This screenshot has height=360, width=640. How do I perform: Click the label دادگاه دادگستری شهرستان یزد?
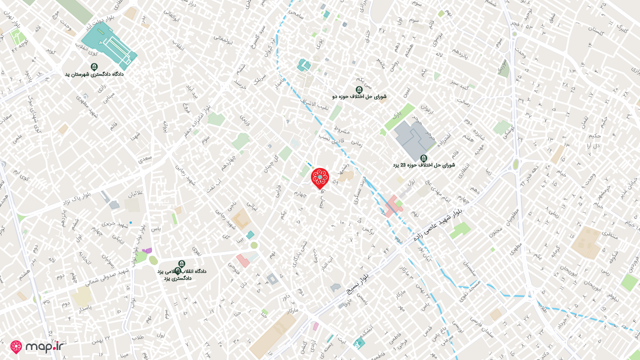click(94, 74)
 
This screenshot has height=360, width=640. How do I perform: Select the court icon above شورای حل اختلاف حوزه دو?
click(358, 89)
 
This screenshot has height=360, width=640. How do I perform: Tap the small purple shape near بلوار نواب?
click(147, 250)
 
